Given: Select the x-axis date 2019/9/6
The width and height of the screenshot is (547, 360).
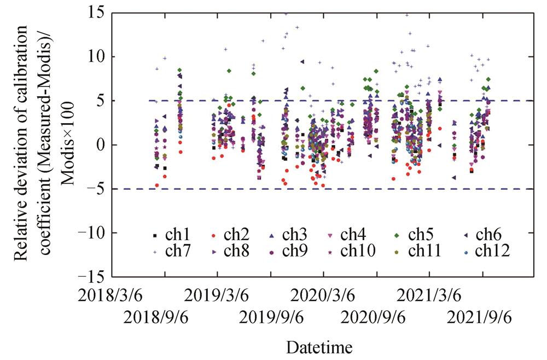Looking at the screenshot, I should pos(271,317).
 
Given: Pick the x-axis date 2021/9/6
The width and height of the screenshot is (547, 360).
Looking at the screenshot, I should pos(482,317).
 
